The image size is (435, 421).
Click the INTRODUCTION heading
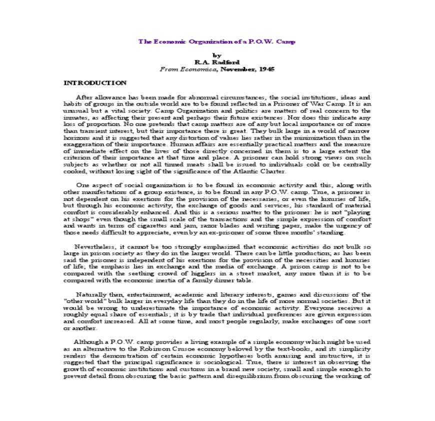pos(95,82)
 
